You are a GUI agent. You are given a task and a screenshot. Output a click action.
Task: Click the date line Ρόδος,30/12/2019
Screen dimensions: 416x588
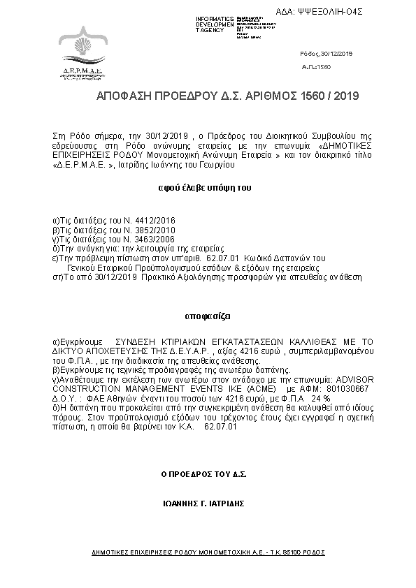[x=327, y=54]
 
